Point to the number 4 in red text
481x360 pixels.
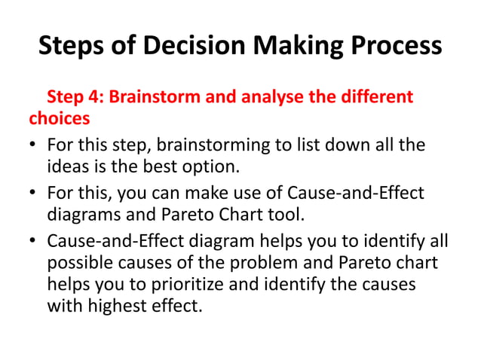click(91, 97)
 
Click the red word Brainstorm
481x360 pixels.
click(155, 97)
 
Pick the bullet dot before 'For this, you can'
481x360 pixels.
click(35, 194)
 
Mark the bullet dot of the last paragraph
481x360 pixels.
click(35, 243)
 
